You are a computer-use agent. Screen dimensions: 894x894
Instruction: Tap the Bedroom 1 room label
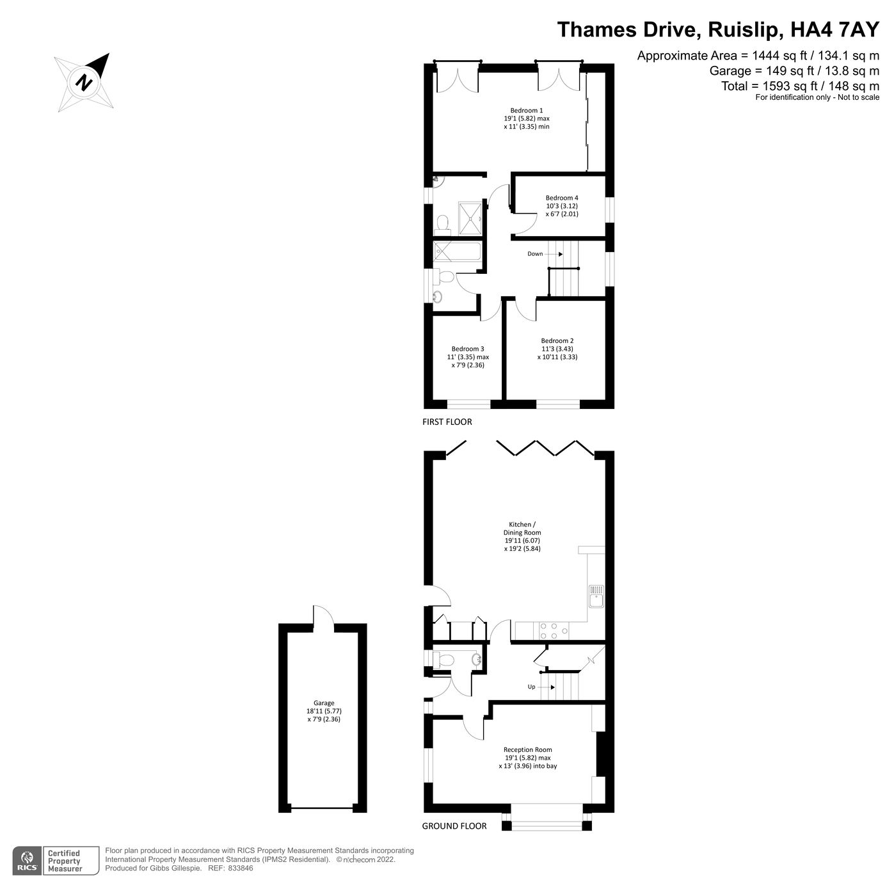(x=526, y=118)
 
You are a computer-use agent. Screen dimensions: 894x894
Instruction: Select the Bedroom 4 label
(x=561, y=206)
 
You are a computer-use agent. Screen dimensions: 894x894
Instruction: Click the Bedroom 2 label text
(x=557, y=349)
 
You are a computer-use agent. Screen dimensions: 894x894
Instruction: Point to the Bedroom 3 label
(x=467, y=357)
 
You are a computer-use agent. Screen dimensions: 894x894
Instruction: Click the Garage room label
(x=323, y=710)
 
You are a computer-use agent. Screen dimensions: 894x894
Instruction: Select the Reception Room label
(x=527, y=757)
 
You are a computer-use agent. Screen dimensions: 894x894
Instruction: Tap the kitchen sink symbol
(x=596, y=596)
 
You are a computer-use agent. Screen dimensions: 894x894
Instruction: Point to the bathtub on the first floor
(x=458, y=251)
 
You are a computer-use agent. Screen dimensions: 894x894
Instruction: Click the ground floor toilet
(x=443, y=659)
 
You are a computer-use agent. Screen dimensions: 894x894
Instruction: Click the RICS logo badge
(x=27, y=859)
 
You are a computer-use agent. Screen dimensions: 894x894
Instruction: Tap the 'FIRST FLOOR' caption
(x=447, y=422)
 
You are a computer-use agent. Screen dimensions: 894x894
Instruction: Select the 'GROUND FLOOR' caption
(x=454, y=826)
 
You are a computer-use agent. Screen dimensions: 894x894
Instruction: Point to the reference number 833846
(x=241, y=869)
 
